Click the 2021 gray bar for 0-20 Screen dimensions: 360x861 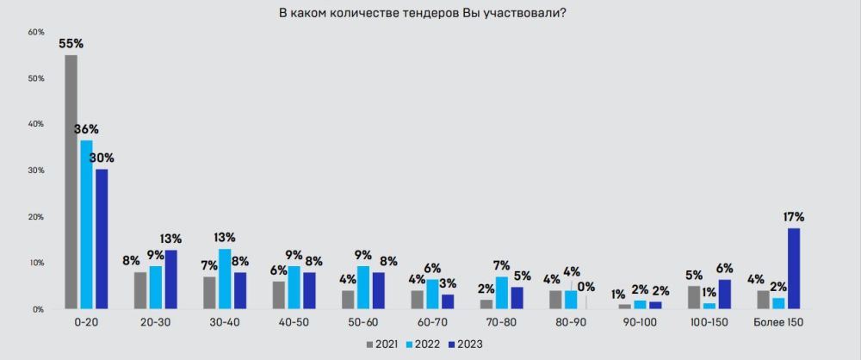[x=71, y=182]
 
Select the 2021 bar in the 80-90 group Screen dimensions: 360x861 [x=555, y=300]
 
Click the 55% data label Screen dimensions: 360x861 [x=71, y=43]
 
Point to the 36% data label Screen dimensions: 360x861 [x=86, y=129]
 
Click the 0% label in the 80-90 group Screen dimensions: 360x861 [x=587, y=286]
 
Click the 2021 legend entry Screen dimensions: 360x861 [x=385, y=344]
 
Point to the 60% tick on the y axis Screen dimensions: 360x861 [x=36, y=33]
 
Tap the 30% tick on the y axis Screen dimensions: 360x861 [x=36, y=171]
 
